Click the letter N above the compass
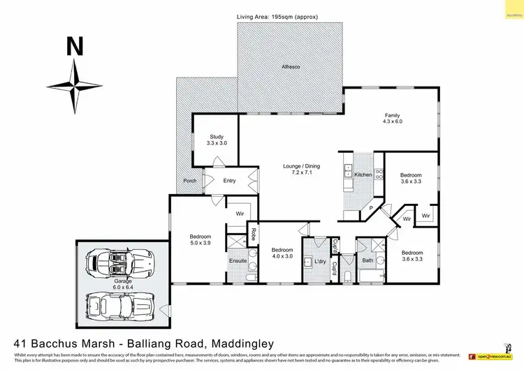(75, 47)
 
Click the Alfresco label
(290, 66)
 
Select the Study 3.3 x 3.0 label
(217, 140)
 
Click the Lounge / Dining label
(301, 170)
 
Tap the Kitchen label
(363, 175)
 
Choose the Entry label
(229, 181)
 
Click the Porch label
(189, 181)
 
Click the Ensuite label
(238, 262)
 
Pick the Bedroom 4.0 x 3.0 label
(282, 253)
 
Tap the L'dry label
(320, 261)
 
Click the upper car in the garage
(119, 265)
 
